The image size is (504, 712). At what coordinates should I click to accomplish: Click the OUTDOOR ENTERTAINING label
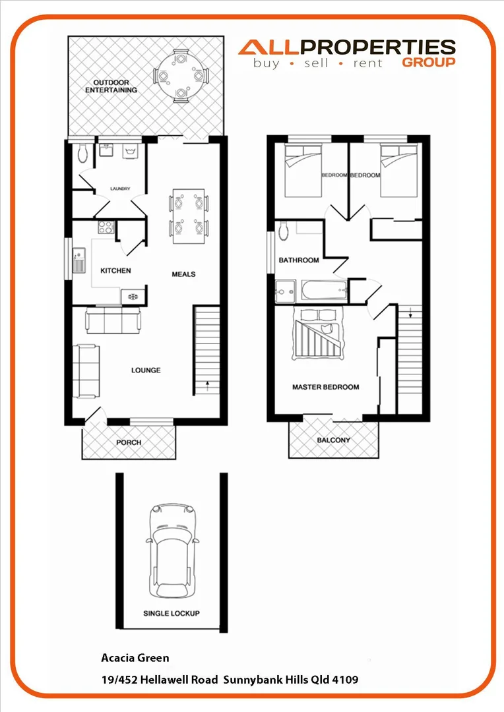pyautogui.click(x=111, y=86)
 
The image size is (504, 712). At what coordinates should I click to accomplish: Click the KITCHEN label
pyautogui.click(x=115, y=271)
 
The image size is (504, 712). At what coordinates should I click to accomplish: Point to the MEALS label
pyautogui.click(x=183, y=274)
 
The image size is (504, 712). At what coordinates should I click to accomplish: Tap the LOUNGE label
pyautogui.click(x=146, y=371)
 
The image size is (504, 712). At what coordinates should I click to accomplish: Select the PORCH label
pyautogui.click(x=129, y=442)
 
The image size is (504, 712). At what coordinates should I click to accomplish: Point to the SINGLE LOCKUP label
pyautogui.click(x=172, y=613)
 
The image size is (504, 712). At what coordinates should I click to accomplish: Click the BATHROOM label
pyautogui.click(x=299, y=260)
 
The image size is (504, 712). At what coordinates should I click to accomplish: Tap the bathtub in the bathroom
pyautogui.click(x=323, y=290)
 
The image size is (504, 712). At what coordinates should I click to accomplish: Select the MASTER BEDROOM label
pyautogui.click(x=326, y=387)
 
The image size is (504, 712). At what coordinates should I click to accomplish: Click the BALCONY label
pyautogui.click(x=334, y=440)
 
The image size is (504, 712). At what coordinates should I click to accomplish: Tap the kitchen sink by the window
pyautogui.click(x=79, y=258)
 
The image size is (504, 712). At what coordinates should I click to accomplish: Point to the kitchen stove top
pyautogui.click(x=106, y=228)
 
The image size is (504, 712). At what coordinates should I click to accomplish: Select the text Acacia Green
pyautogui.click(x=135, y=657)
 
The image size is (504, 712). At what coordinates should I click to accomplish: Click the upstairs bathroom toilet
pyautogui.click(x=283, y=231)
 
